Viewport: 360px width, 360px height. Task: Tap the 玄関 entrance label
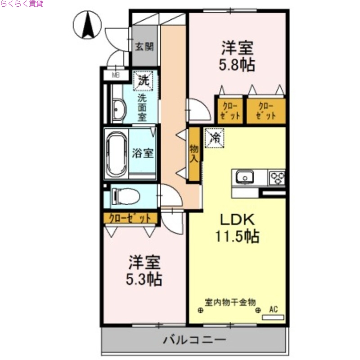[x=144, y=46]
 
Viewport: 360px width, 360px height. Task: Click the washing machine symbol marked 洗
[x=144, y=81]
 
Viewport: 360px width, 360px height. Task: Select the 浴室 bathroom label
[x=143, y=153]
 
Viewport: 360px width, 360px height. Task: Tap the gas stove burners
[x=277, y=177]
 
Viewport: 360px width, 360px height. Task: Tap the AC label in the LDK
[x=274, y=309]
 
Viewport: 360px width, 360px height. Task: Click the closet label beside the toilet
[x=130, y=219]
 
